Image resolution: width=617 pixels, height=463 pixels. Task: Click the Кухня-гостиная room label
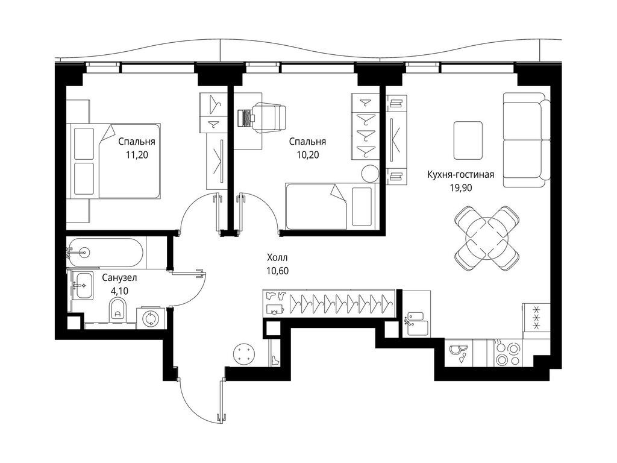[460, 174]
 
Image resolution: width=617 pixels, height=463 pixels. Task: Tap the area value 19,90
[461, 188]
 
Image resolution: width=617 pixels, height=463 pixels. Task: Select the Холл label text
[277, 258]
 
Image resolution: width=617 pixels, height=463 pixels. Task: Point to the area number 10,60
[277, 271]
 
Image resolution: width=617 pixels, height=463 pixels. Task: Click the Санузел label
[120, 278]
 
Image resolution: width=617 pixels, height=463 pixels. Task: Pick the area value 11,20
[137, 155]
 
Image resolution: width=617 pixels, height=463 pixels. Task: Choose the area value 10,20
[308, 155]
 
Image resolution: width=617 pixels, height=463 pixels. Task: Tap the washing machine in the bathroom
[149, 318]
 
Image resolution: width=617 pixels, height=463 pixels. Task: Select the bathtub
[105, 251]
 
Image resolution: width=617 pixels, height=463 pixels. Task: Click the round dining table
[487, 238]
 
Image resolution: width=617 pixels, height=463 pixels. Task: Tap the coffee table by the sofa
[468, 140]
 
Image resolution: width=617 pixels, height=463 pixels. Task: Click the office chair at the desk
[269, 116]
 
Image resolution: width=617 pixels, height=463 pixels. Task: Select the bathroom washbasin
[83, 285]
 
